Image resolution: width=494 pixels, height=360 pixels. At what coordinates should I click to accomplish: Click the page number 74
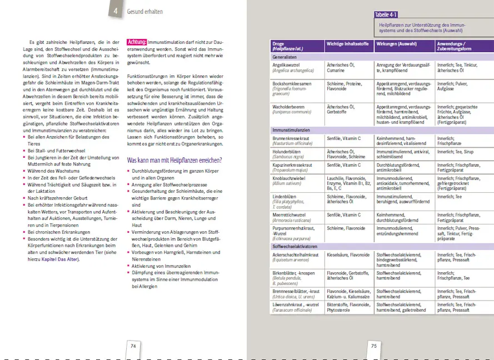point(133,346)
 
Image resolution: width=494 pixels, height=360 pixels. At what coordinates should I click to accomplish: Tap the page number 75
point(374,346)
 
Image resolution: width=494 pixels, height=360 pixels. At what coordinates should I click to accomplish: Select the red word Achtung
point(137,42)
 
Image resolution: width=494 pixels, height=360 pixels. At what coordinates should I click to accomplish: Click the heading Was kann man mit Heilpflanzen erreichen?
point(174,161)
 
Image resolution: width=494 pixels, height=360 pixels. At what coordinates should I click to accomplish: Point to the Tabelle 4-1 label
point(390,15)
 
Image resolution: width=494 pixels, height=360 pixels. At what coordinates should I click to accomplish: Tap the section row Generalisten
point(284,57)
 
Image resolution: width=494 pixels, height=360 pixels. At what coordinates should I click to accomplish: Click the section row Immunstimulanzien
point(290,129)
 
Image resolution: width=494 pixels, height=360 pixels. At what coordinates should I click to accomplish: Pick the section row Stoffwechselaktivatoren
point(294,246)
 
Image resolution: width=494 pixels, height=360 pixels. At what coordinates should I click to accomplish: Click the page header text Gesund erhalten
point(145,11)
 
